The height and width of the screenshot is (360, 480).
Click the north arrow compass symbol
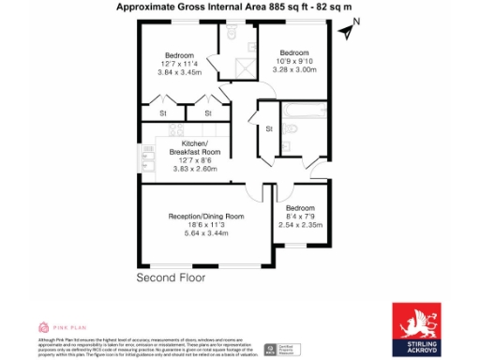[x=347, y=30]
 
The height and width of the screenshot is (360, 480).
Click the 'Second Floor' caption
[x=172, y=278]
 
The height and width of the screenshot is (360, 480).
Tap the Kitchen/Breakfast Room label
[x=194, y=147]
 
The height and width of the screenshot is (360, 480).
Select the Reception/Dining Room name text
[x=205, y=217]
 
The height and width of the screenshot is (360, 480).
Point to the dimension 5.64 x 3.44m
[x=205, y=234]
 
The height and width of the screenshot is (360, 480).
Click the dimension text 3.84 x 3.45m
[x=179, y=72]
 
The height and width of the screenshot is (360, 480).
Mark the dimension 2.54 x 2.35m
[x=300, y=225]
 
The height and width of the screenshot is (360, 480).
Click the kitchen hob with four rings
[x=150, y=147]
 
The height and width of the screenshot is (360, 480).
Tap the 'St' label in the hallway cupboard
[x=268, y=128]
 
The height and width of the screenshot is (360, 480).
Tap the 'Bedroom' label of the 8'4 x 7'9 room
[x=300, y=207]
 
